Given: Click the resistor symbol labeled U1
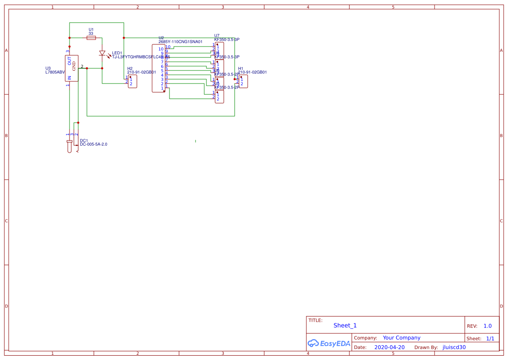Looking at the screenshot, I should click(x=91, y=38).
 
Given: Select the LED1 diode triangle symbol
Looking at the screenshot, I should click(x=103, y=53).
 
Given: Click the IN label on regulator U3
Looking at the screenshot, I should click(x=69, y=77).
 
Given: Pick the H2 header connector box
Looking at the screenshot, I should click(x=133, y=81).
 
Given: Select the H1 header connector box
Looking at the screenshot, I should click(x=243, y=81).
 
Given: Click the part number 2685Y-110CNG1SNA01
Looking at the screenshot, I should click(x=180, y=42).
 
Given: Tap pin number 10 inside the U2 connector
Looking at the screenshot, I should click(x=161, y=49).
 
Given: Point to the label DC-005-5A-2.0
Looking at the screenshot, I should click(x=93, y=144).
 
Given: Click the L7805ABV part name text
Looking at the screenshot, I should click(x=55, y=73).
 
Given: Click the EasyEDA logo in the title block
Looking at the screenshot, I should click(x=329, y=343).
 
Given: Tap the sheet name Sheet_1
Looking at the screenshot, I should click(x=345, y=325).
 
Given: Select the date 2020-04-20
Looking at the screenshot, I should click(x=389, y=347).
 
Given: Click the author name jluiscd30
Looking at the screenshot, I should click(x=454, y=347).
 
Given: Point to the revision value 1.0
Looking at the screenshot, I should click(x=488, y=326).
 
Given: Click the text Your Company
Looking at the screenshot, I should click(x=402, y=338).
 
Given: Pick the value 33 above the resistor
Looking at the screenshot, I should click(x=91, y=33).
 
